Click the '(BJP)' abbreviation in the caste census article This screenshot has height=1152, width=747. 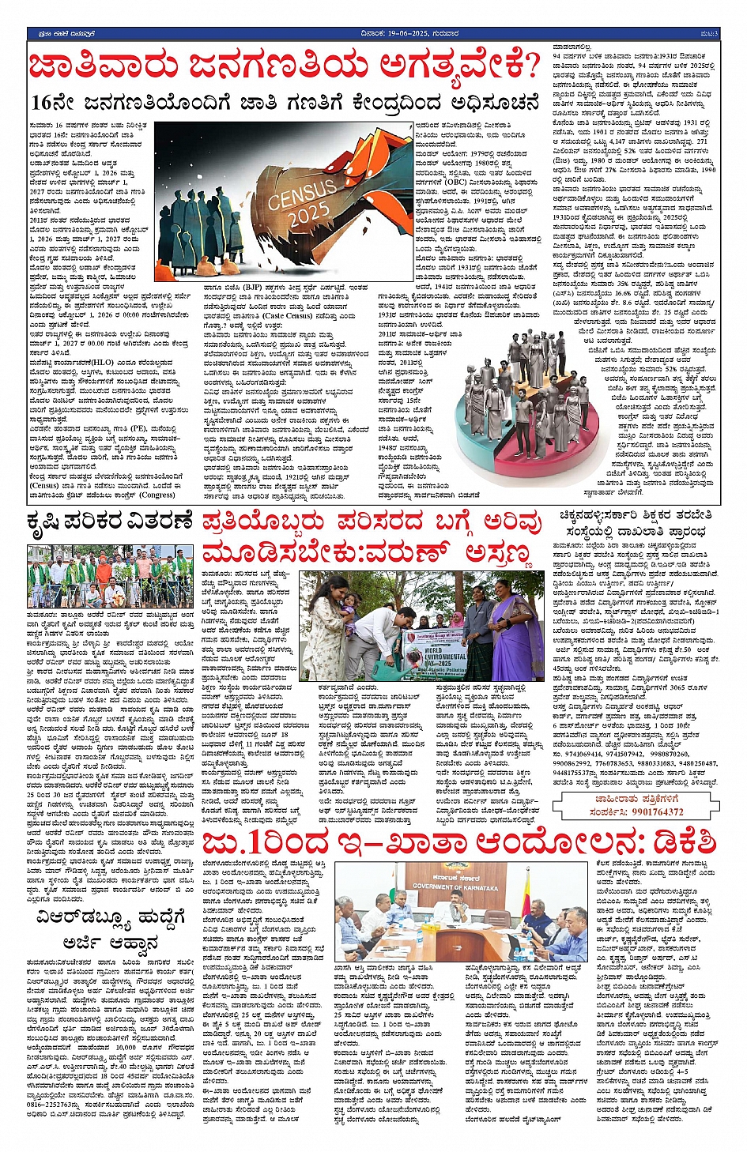249,266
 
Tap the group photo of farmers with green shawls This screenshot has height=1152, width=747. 109,578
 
